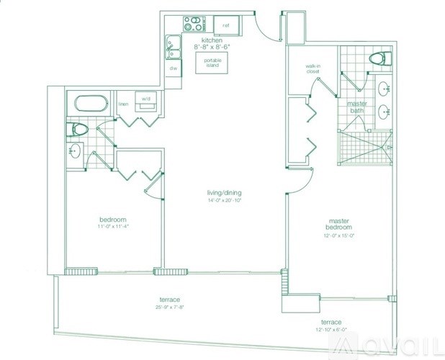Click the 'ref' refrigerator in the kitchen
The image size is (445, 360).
click(225, 24)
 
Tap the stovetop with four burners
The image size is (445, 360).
click(192, 23)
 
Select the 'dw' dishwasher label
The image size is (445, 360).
click(174, 68)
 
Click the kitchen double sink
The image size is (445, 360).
click(173, 48)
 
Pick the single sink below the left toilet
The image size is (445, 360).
click(77, 152)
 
